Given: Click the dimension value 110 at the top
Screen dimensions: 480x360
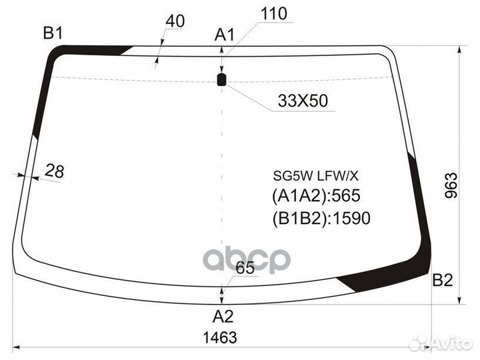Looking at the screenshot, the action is (274, 14).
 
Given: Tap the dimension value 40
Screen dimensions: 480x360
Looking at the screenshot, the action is (175, 21).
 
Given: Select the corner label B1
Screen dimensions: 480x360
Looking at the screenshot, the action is (53, 33).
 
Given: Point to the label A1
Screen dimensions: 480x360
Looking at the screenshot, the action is (224, 34).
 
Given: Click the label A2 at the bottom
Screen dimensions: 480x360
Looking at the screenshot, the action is (223, 316).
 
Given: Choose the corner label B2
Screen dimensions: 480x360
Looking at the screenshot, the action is (443, 280).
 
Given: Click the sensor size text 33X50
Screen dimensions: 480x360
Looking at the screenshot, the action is (303, 101).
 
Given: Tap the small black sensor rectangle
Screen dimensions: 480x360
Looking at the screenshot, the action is (221, 79).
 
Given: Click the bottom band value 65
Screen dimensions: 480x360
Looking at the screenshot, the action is (245, 267).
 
